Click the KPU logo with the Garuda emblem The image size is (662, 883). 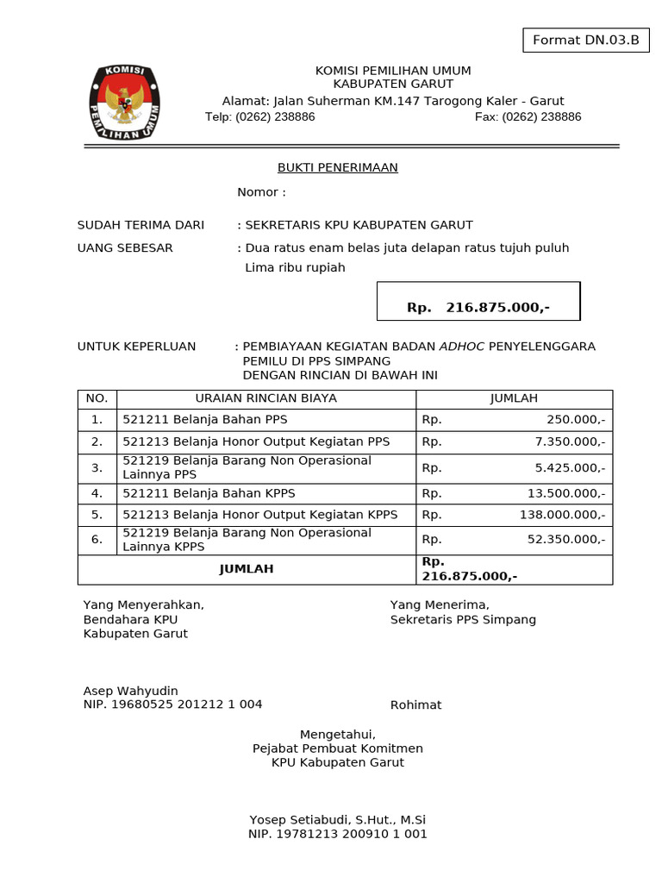pyautogui.click(x=125, y=103)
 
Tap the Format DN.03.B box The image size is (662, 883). pyautogui.click(x=585, y=40)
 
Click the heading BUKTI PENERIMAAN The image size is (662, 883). pyautogui.click(x=337, y=167)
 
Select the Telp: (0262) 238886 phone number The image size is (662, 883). pyautogui.click(x=259, y=116)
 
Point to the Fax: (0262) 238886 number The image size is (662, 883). pyautogui.click(x=528, y=116)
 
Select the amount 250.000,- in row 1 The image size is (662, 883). pyautogui.click(x=575, y=419)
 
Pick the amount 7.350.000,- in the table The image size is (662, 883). pyautogui.click(x=570, y=441)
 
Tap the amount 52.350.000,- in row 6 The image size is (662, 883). pyautogui.click(x=565, y=539)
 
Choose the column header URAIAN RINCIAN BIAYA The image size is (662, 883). pyautogui.click(x=266, y=398)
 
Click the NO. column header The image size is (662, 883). pyautogui.click(x=97, y=398)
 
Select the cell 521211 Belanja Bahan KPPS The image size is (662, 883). pyautogui.click(x=209, y=493)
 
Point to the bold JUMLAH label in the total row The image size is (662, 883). pyautogui.click(x=247, y=569)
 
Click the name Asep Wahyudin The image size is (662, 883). pyautogui.click(x=130, y=691)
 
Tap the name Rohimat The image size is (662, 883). pyautogui.click(x=415, y=705)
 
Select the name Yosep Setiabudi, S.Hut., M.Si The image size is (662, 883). pyautogui.click(x=337, y=820)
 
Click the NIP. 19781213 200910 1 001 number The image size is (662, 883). pyautogui.click(x=337, y=834)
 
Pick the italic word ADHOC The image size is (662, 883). pyautogui.click(x=462, y=347)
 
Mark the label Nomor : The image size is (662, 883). pyautogui.click(x=261, y=192)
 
